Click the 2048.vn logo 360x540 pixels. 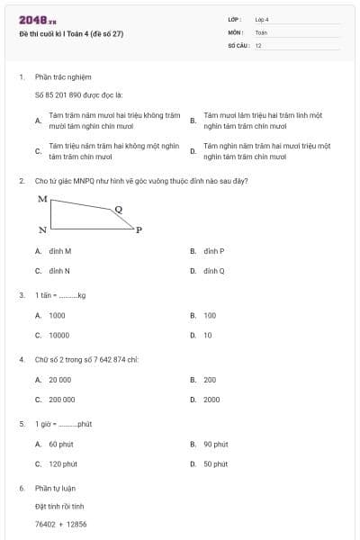(37, 20)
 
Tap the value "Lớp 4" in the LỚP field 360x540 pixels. (262, 19)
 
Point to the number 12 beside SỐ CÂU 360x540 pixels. (258, 44)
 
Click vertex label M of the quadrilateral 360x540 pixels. (41, 198)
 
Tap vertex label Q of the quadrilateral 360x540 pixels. (118, 208)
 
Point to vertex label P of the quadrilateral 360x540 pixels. (139, 230)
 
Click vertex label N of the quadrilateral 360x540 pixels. (42, 230)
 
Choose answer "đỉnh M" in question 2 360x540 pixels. (60, 251)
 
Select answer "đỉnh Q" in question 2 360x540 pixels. (213, 270)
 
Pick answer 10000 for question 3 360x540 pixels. (58, 335)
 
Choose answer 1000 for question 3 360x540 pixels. (57, 316)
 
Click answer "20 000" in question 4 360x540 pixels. (59, 380)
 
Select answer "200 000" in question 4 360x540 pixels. (62, 399)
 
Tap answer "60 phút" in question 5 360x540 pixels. (61, 444)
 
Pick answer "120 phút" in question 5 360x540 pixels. (63, 463)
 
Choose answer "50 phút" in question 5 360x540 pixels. (215, 463)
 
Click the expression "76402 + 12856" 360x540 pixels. (60, 524)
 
